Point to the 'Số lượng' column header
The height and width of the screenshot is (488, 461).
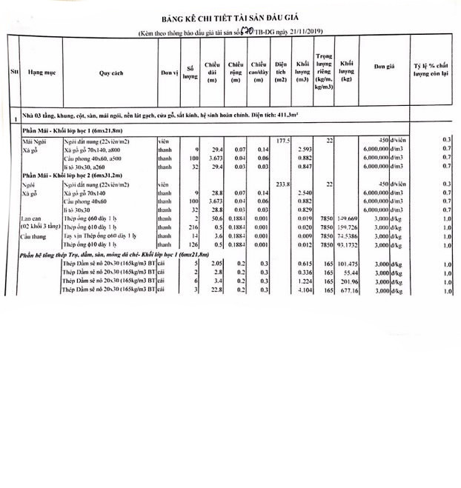point(190,73)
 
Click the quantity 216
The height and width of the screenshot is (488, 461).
point(194,227)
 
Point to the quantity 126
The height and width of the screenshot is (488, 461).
point(194,244)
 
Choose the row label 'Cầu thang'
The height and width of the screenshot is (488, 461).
point(33,235)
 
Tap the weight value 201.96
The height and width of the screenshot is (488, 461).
point(347,282)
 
